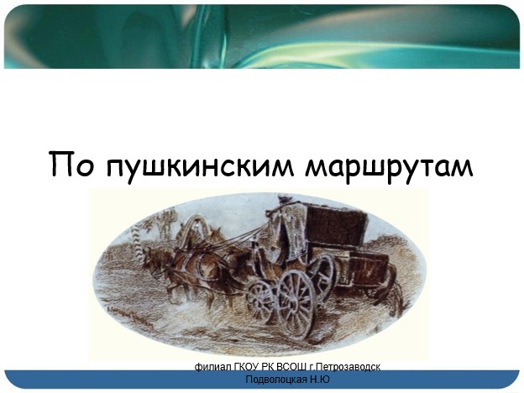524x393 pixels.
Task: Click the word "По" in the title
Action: [71, 164]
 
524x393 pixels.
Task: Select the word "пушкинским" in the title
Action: [199, 167]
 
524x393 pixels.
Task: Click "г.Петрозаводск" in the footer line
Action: [344, 367]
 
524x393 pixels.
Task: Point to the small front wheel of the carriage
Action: [261, 301]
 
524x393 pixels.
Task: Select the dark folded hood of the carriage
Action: [337, 224]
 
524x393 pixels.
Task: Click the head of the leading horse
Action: [152, 262]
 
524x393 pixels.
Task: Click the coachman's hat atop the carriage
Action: [284, 197]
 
